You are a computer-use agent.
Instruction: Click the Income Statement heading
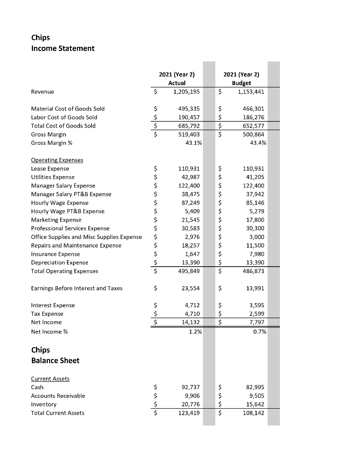(63, 48)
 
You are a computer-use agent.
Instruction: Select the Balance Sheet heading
(55, 360)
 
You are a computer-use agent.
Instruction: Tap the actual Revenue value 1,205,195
(187, 92)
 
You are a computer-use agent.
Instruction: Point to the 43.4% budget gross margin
(257, 143)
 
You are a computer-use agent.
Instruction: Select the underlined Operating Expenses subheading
(57, 160)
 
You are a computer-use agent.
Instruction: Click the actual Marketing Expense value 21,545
(190, 220)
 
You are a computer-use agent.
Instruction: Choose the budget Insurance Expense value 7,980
(256, 254)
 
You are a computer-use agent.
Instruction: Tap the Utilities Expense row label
(52, 177)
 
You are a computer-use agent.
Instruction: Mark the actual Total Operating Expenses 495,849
(189, 271)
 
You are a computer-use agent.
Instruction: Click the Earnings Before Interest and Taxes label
(76, 288)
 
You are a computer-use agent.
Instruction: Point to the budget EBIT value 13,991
(254, 288)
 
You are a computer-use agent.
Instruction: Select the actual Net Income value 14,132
(190, 322)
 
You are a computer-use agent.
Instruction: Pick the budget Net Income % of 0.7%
(259, 331)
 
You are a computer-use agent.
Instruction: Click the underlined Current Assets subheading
(50, 379)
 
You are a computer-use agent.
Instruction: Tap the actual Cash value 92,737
(190, 387)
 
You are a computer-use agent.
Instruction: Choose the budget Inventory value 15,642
(254, 404)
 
